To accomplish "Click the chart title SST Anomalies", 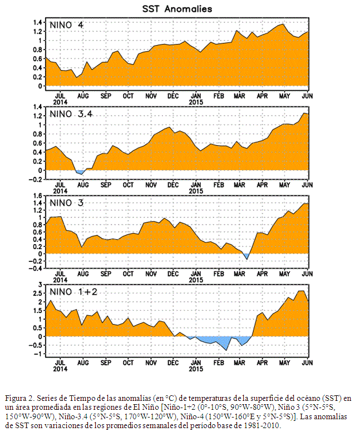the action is (x=177, y=9).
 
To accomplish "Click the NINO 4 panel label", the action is (x=66, y=25).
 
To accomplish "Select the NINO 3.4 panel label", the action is (x=71, y=114).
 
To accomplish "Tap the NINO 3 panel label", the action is (x=66, y=203).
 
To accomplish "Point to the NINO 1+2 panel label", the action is (x=73, y=292).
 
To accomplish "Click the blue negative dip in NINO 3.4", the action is (x=80, y=172).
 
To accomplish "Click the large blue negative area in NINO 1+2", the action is (x=218, y=341).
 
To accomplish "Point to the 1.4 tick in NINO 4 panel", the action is (x=37, y=22).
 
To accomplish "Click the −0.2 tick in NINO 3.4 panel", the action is (x=36, y=180).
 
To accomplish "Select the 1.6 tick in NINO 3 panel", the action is (x=37, y=196).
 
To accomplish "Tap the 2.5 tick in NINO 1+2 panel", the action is (x=37, y=293).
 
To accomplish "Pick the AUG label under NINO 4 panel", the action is (x=83, y=96).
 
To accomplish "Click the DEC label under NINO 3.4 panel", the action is (x=173, y=185).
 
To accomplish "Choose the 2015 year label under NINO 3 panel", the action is (x=196, y=280).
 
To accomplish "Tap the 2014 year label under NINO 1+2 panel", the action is (x=60, y=369).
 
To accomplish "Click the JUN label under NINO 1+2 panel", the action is (x=307, y=363).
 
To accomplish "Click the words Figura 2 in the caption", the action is (x=20, y=398).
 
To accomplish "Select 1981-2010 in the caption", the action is (x=262, y=426).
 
